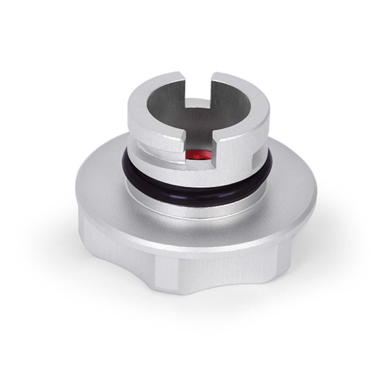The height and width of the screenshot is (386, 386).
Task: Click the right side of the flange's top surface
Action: tap(289, 177)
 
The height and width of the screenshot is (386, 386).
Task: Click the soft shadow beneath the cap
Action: tap(193, 316)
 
